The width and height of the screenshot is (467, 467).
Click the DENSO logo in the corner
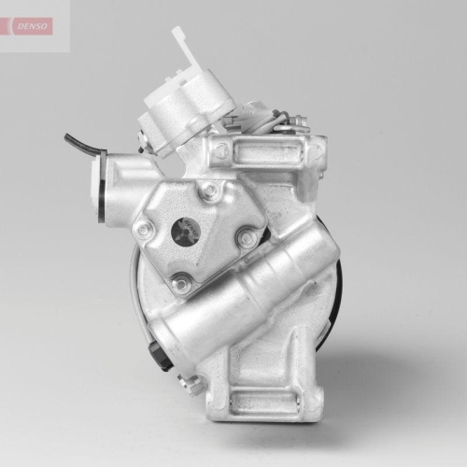(35, 26)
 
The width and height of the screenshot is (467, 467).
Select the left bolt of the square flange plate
(143, 229)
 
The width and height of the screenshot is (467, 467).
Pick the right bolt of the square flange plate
(248, 239)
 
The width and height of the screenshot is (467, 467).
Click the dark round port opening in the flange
(186, 232)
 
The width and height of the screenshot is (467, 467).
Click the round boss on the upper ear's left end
(221, 149)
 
